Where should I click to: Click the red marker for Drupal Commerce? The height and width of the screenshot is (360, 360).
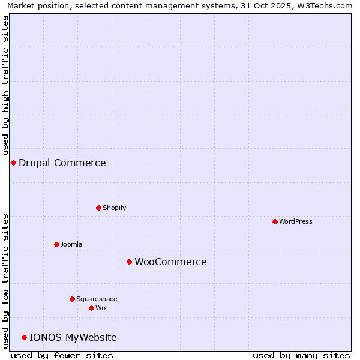tap(13, 163)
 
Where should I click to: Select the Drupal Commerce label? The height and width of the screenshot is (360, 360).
tap(62, 163)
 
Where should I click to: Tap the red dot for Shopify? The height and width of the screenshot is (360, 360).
tap(98, 208)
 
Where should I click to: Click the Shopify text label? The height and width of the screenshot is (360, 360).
tap(114, 208)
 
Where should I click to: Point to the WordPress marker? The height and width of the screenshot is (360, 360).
tap(275, 222)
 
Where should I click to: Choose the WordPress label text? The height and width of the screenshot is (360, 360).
tap(296, 222)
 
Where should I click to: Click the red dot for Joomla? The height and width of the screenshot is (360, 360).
tap(56, 245)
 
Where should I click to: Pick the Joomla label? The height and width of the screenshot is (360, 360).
tap(71, 245)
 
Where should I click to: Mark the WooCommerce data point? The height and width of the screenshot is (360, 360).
tap(129, 262)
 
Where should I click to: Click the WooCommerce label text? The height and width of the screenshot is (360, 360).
tap(170, 262)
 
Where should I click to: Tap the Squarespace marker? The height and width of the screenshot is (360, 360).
tap(72, 299)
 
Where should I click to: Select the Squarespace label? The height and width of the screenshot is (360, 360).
tap(97, 299)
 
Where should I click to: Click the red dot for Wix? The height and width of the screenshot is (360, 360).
tap(91, 308)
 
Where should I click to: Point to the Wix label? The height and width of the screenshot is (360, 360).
tap(101, 308)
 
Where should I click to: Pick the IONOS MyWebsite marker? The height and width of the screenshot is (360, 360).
tap(24, 338)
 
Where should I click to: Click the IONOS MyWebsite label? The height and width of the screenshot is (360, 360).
tap(73, 338)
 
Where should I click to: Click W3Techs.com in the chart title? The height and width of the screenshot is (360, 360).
tap(328, 6)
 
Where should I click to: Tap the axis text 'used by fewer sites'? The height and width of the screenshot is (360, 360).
tap(62, 355)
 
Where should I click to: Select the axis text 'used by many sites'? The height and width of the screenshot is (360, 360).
tap(301, 355)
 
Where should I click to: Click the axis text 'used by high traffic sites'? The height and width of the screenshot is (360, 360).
tap(6, 86)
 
